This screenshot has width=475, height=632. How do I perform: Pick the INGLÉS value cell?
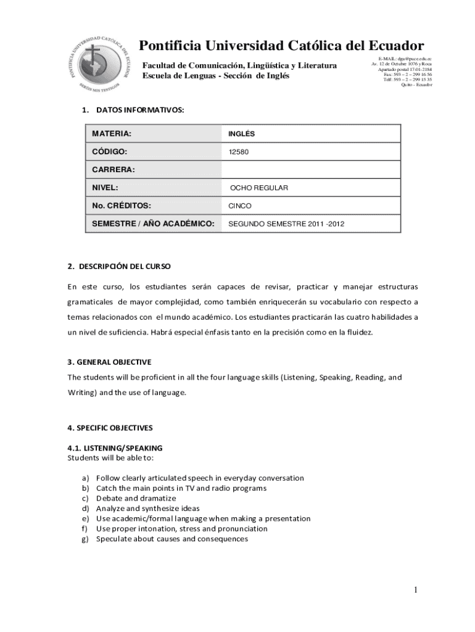pyautogui.click(x=241, y=134)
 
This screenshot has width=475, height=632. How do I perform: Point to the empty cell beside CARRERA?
pyautogui.click(x=311, y=170)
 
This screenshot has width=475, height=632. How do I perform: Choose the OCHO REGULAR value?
pyautogui.click(x=259, y=188)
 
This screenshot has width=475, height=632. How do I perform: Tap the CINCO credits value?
pyautogui.click(x=240, y=206)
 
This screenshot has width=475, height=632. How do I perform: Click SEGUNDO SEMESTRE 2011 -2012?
pyautogui.click(x=286, y=224)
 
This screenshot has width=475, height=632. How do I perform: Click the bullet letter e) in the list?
pyautogui.click(x=85, y=518)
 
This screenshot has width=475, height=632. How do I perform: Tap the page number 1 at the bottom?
pyautogui.click(x=416, y=591)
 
